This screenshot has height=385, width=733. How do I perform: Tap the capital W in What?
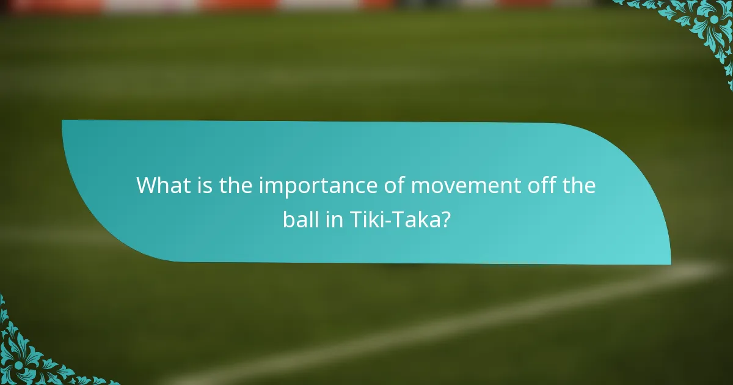point(148,186)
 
